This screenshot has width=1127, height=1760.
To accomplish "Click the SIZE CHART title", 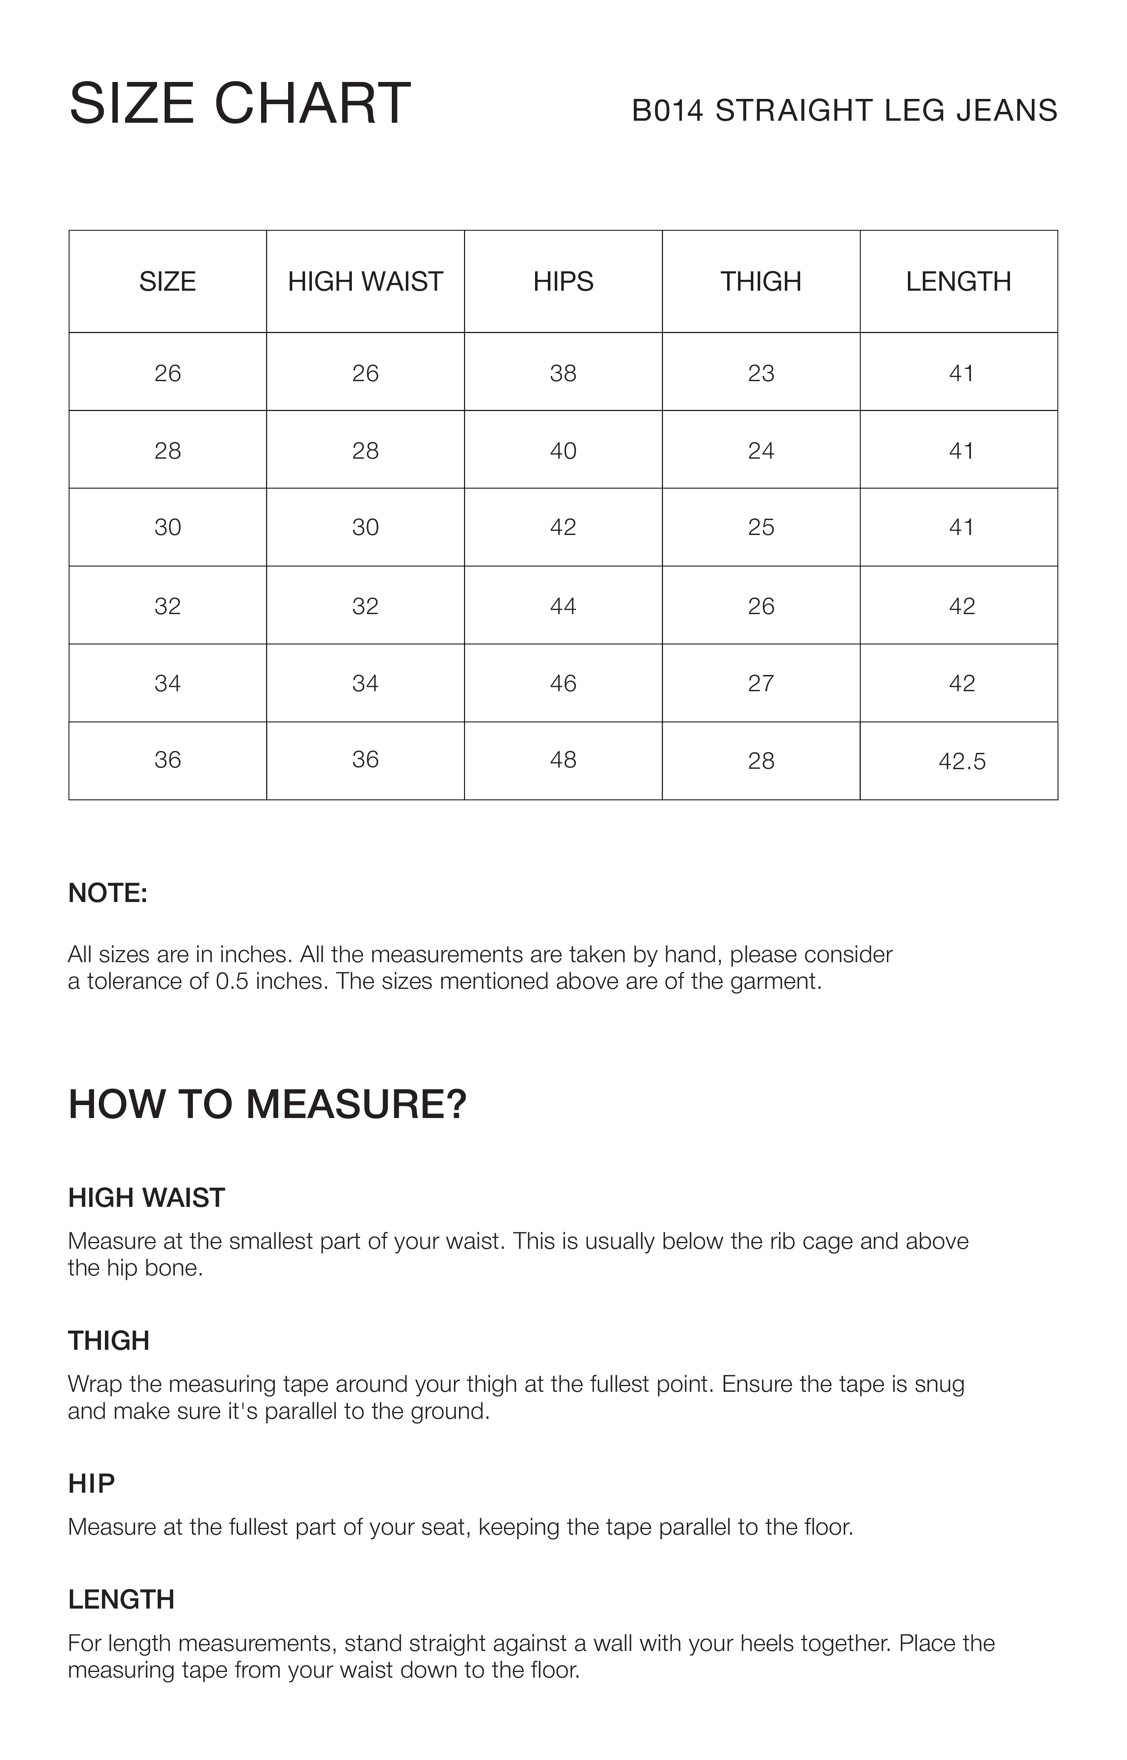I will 240,103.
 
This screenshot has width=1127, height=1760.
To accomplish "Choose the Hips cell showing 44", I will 563,606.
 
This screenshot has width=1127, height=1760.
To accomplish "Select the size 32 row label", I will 167,606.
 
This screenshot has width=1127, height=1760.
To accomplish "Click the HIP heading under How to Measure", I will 92,1484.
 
